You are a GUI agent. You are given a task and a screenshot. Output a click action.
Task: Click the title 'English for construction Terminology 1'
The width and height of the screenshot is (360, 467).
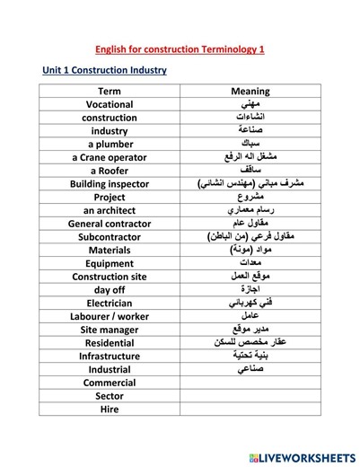(x=180, y=50)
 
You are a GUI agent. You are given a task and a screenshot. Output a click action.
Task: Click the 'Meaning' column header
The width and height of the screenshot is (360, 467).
(x=250, y=92)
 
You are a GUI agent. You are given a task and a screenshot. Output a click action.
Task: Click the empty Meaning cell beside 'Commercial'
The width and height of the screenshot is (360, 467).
(x=250, y=383)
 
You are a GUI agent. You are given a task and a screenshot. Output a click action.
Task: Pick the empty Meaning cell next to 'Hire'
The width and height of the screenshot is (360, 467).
(x=250, y=409)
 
